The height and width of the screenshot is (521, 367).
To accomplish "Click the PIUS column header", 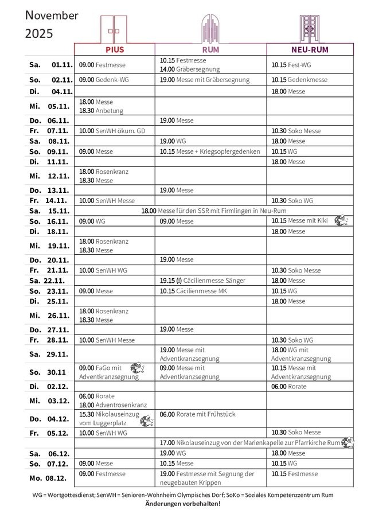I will click(114, 50).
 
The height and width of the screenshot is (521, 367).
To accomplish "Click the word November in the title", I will click(52, 15).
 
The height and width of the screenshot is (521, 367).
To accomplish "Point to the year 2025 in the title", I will click(39, 34).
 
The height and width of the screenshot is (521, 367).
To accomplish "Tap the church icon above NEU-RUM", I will click(309, 28).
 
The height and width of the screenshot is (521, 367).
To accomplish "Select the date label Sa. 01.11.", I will click(50, 65).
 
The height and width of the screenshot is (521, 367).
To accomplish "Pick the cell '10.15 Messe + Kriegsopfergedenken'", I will click(210, 151).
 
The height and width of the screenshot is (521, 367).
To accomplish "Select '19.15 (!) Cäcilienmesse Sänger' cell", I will click(202, 281).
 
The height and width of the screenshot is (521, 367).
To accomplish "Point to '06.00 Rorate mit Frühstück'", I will click(197, 414).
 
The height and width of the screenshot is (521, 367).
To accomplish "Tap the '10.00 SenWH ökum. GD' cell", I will click(112, 131).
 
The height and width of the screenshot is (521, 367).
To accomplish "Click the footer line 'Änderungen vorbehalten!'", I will click(183, 503).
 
